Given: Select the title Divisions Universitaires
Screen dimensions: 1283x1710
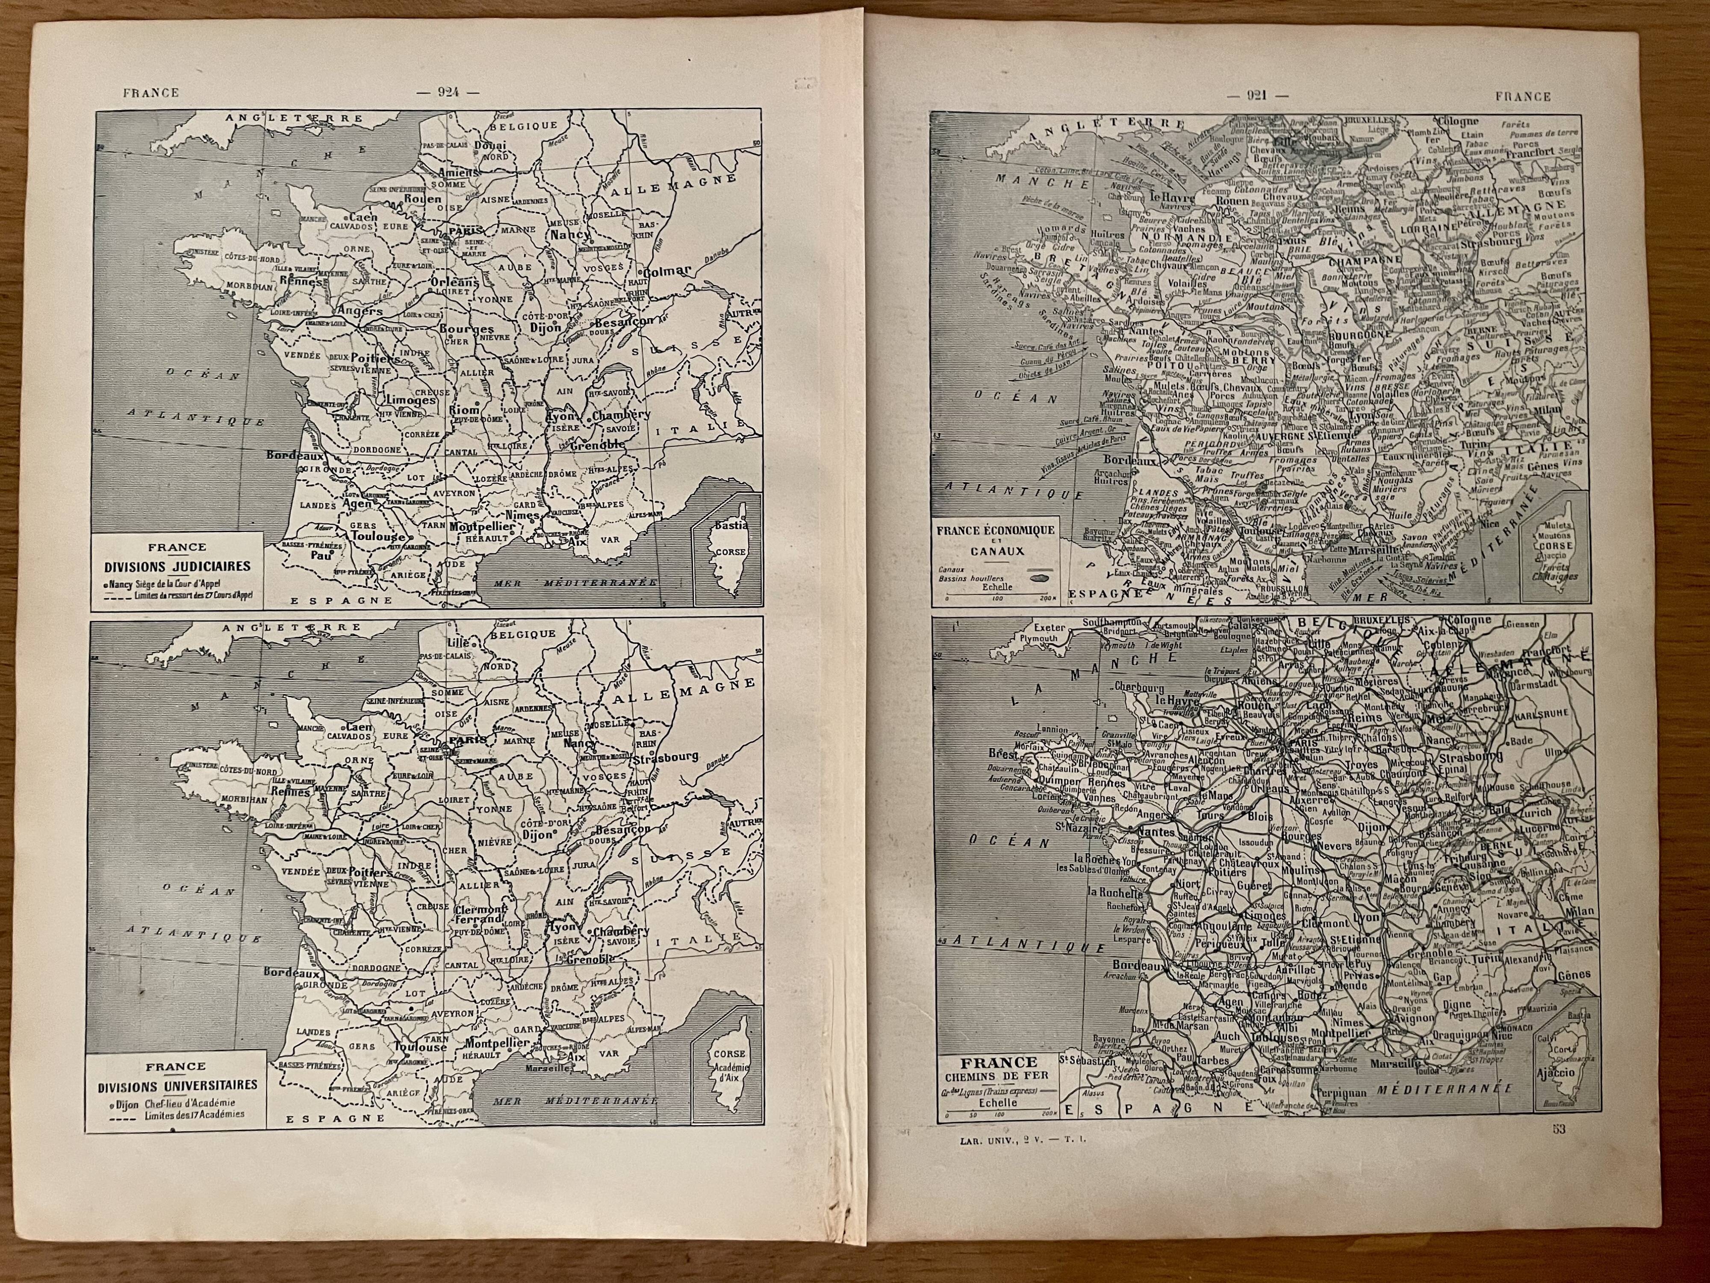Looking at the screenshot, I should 178,1085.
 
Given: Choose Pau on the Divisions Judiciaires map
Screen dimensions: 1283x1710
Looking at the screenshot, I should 338,555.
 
